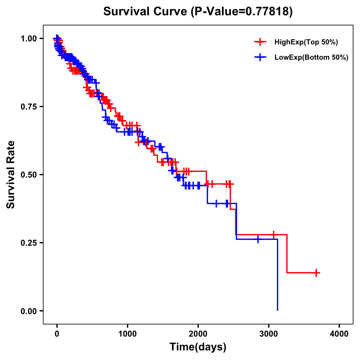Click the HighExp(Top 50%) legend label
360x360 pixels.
(306, 42)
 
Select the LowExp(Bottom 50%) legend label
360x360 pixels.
(311, 58)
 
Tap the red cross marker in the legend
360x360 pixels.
(260, 42)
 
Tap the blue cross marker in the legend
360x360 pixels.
(260, 58)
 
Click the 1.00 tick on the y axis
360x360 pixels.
(29, 39)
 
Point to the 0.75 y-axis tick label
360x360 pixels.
(29, 107)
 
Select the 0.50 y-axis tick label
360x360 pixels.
(29, 175)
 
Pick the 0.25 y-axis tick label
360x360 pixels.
(29, 243)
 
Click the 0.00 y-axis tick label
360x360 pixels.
(29, 311)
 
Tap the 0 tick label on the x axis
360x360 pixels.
(57, 334)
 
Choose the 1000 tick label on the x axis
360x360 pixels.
(127, 334)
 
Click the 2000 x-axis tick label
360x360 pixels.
(198, 334)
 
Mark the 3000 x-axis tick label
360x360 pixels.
(269, 334)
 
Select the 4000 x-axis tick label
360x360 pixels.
(339, 334)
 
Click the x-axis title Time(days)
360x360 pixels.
(198, 347)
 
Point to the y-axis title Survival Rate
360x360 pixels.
(11, 175)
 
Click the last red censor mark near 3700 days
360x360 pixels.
(316, 273)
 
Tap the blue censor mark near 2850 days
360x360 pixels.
(258, 239)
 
